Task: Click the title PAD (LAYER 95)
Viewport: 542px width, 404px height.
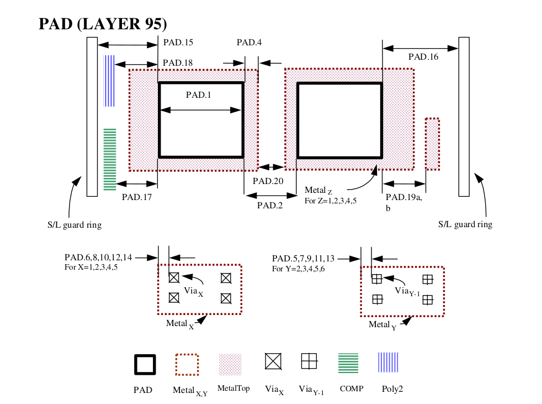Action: [103, 24]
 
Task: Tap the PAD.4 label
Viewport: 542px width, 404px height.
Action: [249, 43]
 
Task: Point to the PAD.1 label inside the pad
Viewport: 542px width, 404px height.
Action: [199, 95]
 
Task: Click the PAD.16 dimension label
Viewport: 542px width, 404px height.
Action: [423, 56]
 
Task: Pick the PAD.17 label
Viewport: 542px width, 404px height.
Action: [137, 196]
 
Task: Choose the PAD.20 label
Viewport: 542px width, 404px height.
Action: [268, 181]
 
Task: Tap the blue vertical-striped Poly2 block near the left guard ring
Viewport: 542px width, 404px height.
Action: [109, 81]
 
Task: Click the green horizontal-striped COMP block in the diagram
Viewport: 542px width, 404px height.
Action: [110, 160]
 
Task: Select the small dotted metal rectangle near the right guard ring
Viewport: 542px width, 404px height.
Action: [432, 144]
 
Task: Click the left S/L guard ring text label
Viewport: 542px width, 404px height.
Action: [75, 225]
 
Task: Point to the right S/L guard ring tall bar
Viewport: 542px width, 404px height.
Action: [464, 116]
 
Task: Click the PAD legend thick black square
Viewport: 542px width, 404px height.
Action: [145, 365]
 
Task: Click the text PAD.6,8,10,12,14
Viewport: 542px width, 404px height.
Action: [99, 258]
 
